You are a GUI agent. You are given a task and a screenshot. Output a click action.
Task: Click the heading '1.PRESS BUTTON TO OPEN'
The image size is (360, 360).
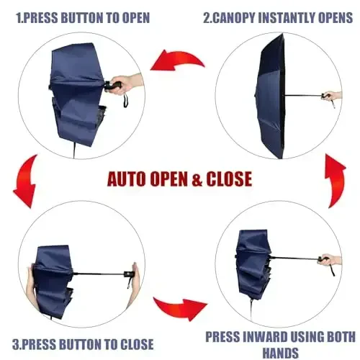point(80,16)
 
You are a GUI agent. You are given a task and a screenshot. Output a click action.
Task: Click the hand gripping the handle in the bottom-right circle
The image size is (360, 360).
point(330,259)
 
